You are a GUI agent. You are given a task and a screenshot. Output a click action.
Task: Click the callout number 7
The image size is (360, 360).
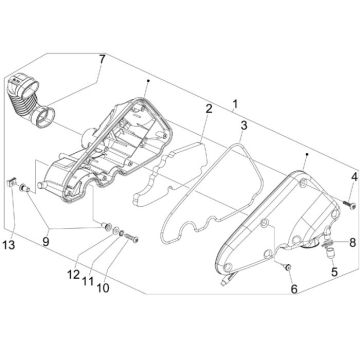(101, 60)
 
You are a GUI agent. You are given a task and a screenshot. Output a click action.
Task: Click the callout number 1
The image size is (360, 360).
(235, 104)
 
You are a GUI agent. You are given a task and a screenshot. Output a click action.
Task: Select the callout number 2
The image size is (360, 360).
(209, 109)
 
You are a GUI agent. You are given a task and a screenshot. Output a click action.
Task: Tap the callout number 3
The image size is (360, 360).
(244, 126)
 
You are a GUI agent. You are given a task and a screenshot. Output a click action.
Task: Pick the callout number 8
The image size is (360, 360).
(352, 242)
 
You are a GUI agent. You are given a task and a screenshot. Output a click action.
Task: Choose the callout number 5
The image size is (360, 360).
(334, 272)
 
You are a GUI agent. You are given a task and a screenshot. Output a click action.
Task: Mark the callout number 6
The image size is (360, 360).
(294, 289)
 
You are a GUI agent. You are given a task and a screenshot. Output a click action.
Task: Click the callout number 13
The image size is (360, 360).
(9, 245)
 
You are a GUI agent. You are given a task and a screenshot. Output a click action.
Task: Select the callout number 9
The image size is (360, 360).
(46, 241)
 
